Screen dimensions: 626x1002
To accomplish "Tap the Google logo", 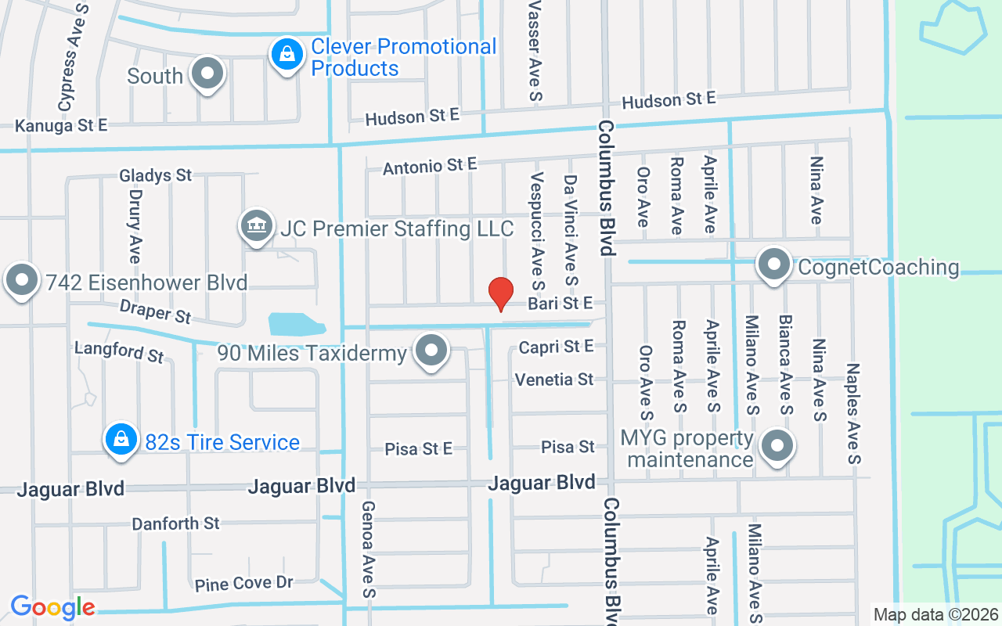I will pos(52,607).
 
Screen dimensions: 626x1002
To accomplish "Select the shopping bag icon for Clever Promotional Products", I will pos(287,55).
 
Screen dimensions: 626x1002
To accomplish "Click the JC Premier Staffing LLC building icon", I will pos(256,227).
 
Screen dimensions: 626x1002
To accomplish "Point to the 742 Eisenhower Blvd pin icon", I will pos(22,279).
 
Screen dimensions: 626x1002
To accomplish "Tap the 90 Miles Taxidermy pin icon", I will pos(431,350).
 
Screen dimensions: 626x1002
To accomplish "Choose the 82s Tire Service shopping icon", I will pos(121,439).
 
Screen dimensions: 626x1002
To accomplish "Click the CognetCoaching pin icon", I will pos(774,264).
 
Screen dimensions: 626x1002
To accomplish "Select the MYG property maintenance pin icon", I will pos(777,445).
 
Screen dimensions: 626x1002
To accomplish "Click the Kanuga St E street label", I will pos(61,125).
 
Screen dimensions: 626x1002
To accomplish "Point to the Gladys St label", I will pos(156,175).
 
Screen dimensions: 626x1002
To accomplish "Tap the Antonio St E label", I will pos(430,166).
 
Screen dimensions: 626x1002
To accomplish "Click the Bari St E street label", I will pos(560,303).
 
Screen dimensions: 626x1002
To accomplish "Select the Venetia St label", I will pos(554,380).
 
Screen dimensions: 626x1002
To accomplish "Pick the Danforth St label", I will pos(175,523).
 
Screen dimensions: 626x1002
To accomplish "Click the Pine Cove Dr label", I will pos(243,584).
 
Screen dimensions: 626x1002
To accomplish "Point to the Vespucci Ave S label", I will pos(537,227).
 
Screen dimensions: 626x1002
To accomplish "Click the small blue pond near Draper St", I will pos(296,324).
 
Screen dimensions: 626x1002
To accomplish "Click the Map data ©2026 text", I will pos(936,614).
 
